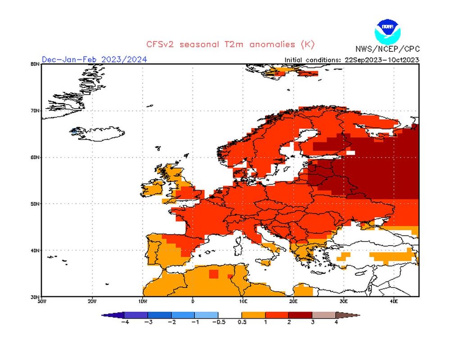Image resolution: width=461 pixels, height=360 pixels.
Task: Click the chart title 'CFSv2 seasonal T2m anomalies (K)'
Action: point(230,44)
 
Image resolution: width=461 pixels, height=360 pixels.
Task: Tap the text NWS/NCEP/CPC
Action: point(387,49)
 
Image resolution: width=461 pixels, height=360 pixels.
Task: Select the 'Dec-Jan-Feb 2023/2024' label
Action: point(94,59)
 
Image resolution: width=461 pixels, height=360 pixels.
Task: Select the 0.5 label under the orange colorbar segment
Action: point(242,322)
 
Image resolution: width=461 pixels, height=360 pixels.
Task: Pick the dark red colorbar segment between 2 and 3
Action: point(300,315)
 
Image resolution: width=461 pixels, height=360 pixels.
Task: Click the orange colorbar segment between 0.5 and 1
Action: point(253,315)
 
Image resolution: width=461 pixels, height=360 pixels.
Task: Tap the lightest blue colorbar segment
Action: point(206,315)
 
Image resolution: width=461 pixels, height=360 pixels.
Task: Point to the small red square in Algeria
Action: point(213,274)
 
